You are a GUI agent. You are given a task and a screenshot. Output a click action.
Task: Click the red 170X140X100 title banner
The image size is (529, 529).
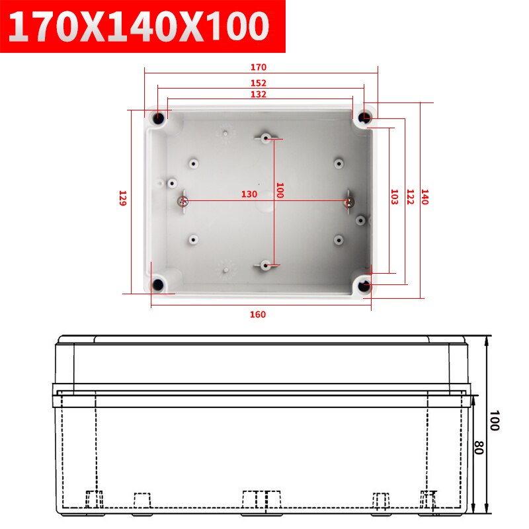coord(143,26)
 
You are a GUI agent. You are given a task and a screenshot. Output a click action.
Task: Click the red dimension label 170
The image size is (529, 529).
coord(259,67)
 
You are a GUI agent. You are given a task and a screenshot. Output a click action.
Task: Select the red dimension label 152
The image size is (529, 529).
coord(259,83)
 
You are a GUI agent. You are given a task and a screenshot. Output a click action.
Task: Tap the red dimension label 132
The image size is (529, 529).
coord(259,94)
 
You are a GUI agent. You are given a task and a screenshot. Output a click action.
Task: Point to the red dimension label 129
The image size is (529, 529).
coord(122,198)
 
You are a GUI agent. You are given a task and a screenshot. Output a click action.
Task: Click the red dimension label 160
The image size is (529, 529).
coord(258,315)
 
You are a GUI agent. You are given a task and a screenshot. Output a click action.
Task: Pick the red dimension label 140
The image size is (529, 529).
coord(425,197)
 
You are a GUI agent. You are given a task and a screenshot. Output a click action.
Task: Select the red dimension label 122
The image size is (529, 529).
coord(410,197)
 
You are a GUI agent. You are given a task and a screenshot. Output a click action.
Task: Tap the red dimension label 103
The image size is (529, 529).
coord(394,197)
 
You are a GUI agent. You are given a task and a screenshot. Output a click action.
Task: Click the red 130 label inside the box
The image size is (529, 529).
coord(249,194)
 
